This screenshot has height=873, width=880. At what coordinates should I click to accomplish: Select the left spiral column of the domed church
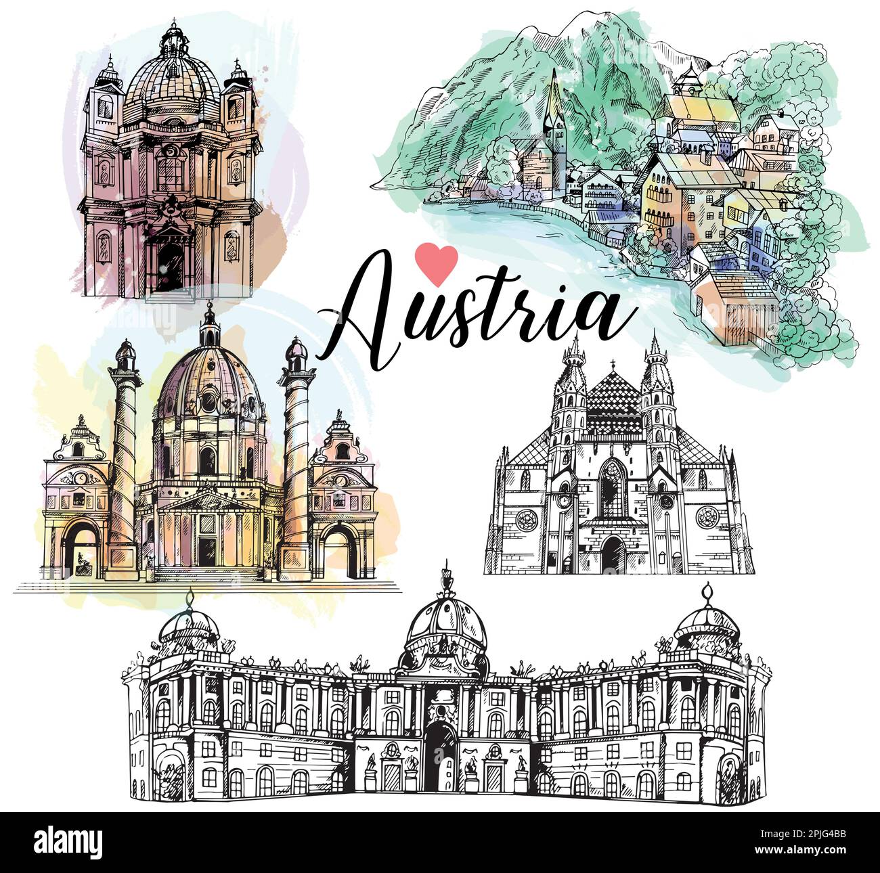(x=124, y=460)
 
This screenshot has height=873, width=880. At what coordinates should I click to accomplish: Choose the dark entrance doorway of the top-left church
(x=170, y=267)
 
